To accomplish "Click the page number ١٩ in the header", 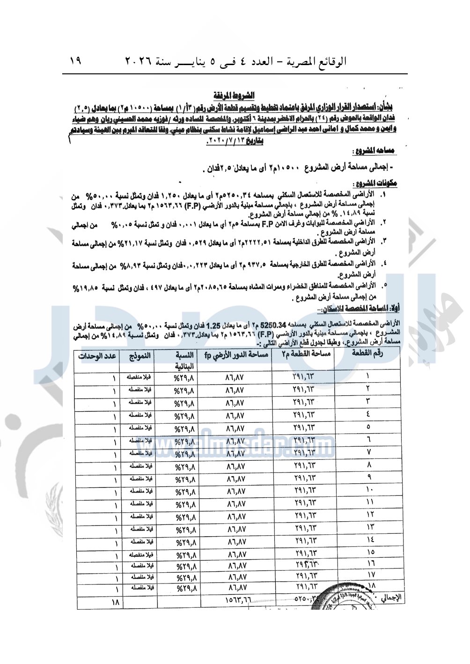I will [x=75, y=60].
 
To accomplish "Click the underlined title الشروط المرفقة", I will [x=234, y=96].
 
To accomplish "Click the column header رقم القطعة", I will [x=367, y=354].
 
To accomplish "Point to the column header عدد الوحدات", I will [x=97, y=356].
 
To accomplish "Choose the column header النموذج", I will [x=140, y=356].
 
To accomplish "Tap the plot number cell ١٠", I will [x=369, y=489].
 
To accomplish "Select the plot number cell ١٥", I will [x=370, y=552].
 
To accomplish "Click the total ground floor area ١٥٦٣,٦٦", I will [x=238, y=599].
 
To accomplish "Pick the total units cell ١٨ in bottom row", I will [x=115, y=602].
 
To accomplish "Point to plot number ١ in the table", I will [x=367, y=376].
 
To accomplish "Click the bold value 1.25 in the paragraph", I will [x=213, y=324].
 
